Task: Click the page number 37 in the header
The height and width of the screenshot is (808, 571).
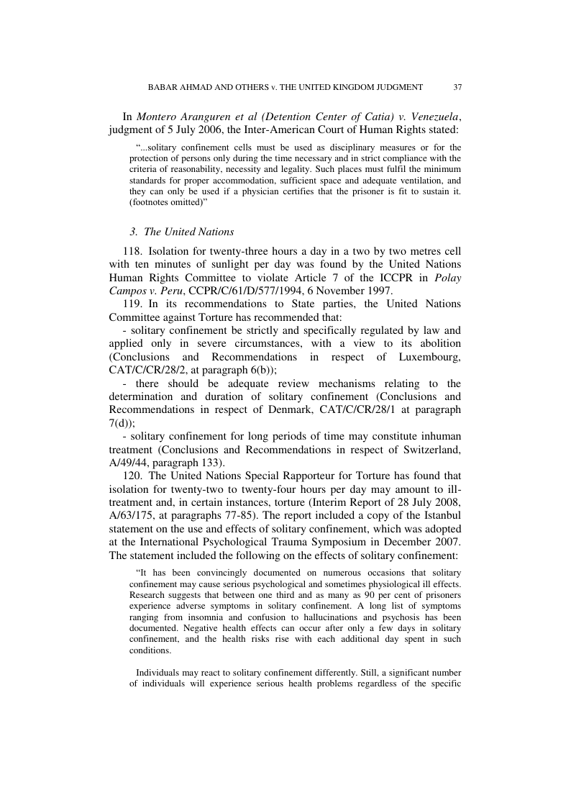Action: [457, 87]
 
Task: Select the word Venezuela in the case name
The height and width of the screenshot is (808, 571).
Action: [430, 117]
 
